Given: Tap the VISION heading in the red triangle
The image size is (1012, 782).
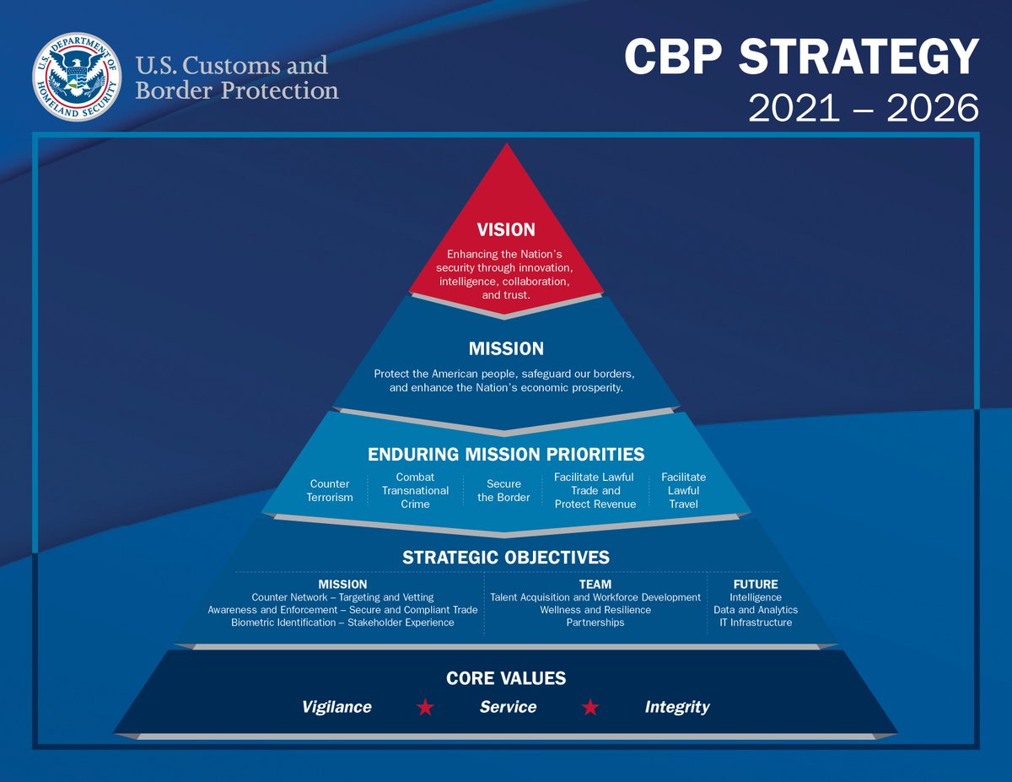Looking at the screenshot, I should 506,229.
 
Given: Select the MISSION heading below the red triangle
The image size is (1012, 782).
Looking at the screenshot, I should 506,348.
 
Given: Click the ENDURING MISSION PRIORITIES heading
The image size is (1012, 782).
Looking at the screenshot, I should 506,455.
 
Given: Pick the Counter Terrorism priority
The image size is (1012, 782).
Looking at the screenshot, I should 331,491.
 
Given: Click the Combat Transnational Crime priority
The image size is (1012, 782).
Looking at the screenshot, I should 415,490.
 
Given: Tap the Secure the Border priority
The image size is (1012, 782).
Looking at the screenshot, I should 504,491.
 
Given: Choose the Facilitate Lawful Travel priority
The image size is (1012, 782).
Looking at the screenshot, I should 683,490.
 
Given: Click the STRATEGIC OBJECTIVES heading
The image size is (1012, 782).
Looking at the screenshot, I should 506,558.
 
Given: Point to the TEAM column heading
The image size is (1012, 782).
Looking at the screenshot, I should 595,584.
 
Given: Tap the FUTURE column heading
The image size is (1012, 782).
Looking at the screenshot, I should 755,584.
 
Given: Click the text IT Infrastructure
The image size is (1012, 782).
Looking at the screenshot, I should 755,623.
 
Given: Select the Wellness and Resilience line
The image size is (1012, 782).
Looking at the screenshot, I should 595,610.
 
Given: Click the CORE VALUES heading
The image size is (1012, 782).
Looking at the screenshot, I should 506,678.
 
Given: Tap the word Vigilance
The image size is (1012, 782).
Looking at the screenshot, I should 336,707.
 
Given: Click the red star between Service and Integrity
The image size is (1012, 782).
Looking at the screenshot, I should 590,707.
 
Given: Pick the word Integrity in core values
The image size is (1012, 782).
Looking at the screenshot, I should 677,707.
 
